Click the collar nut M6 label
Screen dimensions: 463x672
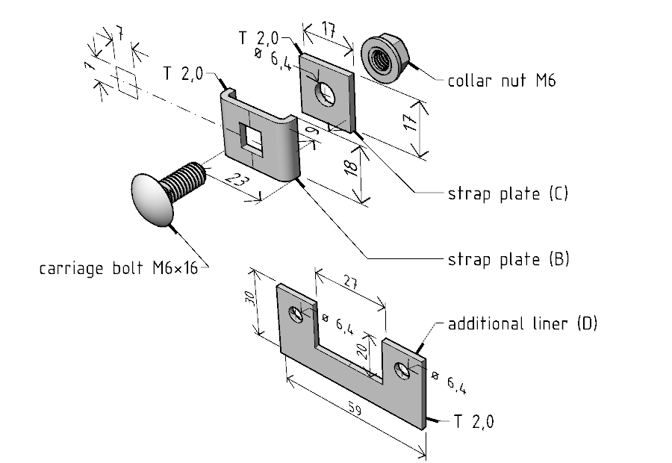(501, 81)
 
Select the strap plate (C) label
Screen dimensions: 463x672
(508, 193)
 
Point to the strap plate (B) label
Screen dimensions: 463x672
(508, 259)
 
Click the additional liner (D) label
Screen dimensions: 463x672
(522, 324)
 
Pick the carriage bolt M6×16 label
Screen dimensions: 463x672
(118, 267)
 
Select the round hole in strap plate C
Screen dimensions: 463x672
(326, 93)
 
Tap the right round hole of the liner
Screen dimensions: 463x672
(403, 370)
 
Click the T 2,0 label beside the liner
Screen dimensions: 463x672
(473, 423)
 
